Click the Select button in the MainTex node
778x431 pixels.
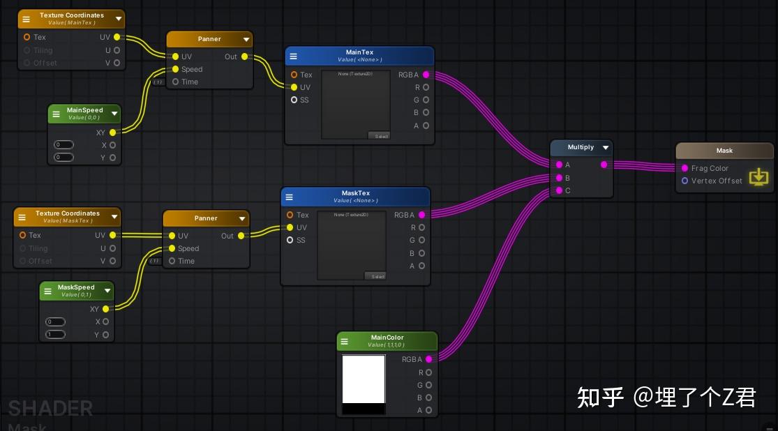380,136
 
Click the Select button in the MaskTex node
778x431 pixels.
375,276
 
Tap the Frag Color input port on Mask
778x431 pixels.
685,168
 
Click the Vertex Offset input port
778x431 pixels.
685,181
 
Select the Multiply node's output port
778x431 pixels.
604,165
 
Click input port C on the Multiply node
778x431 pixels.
559,190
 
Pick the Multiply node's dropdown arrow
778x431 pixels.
606,147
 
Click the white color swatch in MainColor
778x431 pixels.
364,379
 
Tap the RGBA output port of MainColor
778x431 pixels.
428,359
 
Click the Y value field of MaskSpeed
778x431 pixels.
55,335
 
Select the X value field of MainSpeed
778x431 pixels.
63,145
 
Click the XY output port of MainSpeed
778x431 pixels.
112,132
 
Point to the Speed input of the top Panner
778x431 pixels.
176,69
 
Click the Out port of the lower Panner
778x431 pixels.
241,236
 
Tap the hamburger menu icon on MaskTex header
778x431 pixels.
290,197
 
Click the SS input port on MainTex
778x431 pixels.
294,100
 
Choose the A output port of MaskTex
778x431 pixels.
421,266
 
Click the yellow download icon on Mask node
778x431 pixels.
758,177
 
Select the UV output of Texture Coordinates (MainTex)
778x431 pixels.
117,37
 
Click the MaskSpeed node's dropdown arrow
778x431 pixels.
107,290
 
